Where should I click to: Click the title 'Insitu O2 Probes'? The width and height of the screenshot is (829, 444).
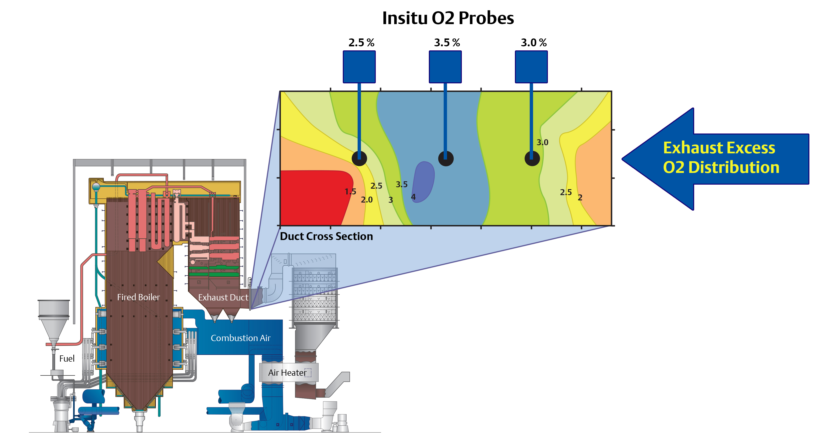[x=448, y=18]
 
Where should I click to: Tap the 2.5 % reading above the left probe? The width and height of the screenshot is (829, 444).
[x=361, y=43]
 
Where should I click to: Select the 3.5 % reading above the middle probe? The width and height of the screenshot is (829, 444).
[x=447, y=43]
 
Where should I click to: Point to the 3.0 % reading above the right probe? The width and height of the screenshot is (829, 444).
[x=534, y=43]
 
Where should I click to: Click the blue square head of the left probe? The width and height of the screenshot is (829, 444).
[x=359, y=67]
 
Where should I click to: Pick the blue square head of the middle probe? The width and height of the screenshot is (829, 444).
[x=445, y=67]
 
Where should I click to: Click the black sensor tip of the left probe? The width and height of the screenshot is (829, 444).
[x=359, y=158]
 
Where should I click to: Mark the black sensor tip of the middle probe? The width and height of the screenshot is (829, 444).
[x=446, y=158]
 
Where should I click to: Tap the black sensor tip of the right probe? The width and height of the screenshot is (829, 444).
[x=532, y=158]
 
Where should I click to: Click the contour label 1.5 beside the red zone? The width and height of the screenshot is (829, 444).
[x=350, y=192]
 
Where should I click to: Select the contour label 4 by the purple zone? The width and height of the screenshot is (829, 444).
[x=413, y=197]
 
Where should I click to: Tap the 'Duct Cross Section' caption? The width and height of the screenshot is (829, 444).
[x=326, y=236]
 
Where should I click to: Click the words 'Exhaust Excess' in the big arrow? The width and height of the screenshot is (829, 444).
[x=719, y=148]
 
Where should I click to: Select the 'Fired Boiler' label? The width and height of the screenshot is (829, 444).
[x=138, y=297]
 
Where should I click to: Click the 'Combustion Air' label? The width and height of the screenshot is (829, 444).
[x=240, y=338]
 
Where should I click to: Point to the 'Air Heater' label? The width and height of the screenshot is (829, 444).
[x=287, y=373]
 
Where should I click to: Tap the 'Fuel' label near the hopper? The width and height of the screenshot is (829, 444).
[x=67, y=358]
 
